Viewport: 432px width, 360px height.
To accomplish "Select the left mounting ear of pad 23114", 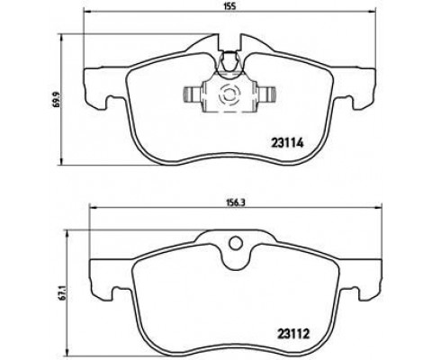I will [96, 83].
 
